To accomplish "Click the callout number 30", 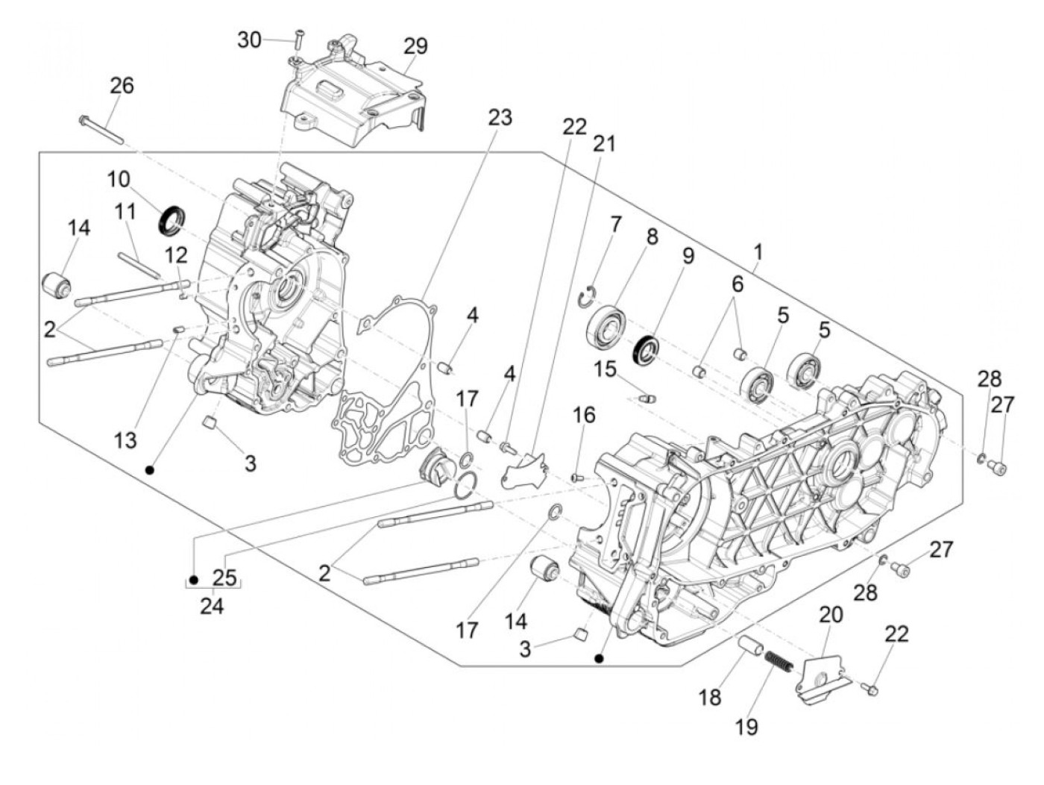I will coord(250,40).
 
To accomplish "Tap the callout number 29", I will coord(416,46).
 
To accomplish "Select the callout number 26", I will coord(122,86).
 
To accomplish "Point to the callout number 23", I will coord(500,117).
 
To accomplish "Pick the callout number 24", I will coord(212,606).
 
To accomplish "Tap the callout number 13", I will coord(125,440).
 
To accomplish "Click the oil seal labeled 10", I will coord(174,218).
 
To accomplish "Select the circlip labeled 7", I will coord(588,295).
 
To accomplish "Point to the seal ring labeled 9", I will coord(645,350).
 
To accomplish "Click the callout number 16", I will coord(584,414).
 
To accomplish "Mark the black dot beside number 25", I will coord(193,579).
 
